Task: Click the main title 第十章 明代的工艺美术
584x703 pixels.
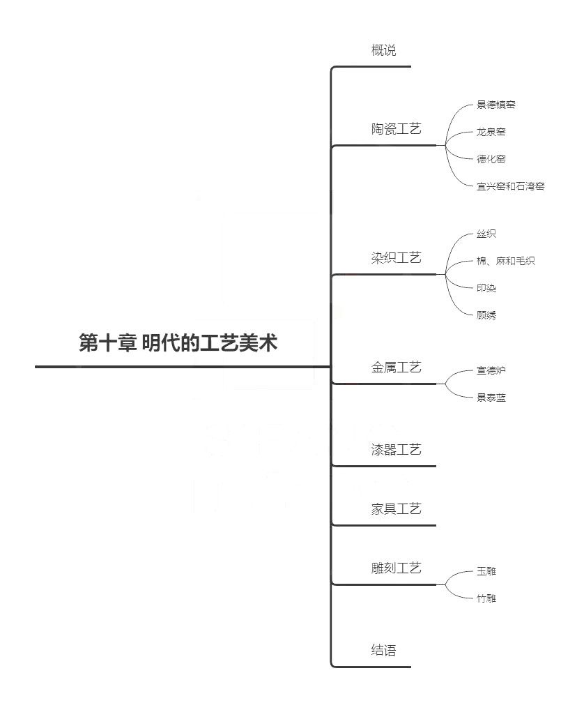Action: click(178, 343)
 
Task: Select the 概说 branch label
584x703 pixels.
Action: click(384, 50)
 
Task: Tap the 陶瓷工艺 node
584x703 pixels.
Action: click(397, 129)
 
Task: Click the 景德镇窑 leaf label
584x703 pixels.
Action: click(495, 105)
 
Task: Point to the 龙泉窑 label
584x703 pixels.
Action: click(491, 132)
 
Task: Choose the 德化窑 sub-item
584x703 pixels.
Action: click(491, 159)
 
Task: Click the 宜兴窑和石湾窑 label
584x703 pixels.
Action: click(511, 186)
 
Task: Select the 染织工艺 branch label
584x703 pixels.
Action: click(397, 258)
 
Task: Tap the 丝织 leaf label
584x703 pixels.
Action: click(486, 234)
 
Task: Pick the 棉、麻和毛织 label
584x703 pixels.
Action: click(506, 261)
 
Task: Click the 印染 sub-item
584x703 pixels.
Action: click(486, 288)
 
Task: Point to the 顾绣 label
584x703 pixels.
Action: click(486, 315)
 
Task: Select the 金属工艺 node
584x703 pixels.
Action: click(397, 368)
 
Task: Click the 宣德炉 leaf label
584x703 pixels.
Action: click(491, 370)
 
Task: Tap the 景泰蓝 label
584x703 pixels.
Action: click(491, 398)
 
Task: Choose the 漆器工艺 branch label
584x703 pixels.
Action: click(397, 450)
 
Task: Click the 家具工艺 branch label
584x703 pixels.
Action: click(397, 509)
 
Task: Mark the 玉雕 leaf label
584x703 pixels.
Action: click(486, 571)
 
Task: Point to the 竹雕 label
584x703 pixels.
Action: click(486, 598)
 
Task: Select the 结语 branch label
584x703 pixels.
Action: click(384, 650)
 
